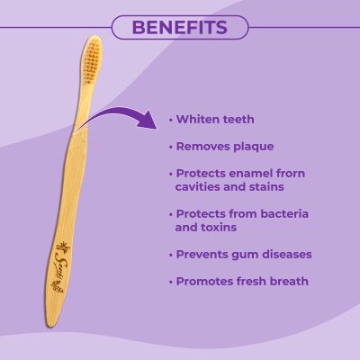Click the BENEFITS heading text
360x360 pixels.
(179, 27)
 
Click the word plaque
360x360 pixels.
(253, 145)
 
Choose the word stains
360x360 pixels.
(265, 186)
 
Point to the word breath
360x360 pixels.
(286, 282)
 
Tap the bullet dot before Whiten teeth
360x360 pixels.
(171, 120)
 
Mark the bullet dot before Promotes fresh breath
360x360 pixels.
(171, 283)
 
